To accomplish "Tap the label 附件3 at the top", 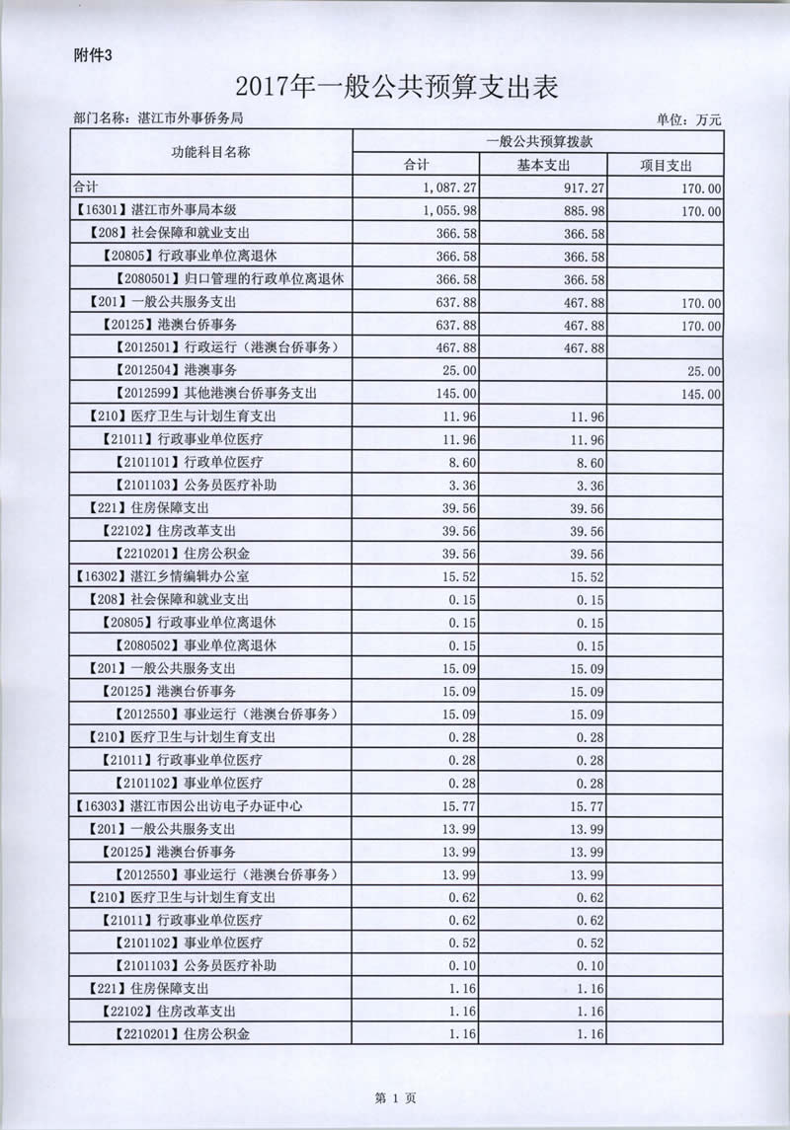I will (x=96, y=55).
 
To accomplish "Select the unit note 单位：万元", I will (x=688, y=119).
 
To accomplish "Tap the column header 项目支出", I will (x=665, y=165).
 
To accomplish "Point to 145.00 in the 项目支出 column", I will (x=699, y=394).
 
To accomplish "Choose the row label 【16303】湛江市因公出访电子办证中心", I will (x=187, y=805).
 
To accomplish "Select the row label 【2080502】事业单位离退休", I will (x=194, y=645).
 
